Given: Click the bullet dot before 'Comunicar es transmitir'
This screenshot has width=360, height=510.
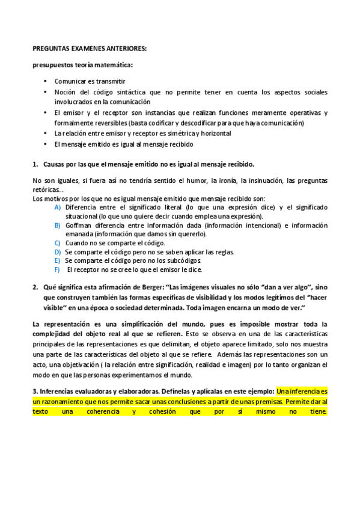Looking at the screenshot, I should [46, 81].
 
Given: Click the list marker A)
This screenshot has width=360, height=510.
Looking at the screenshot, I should [57, 207].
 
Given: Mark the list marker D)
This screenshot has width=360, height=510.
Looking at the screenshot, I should [57, 251].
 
